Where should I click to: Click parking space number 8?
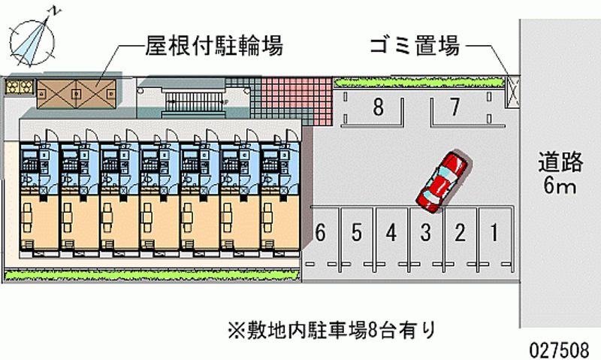[378, 107]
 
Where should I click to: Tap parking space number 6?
[321, 233]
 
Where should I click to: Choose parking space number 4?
[391, 233]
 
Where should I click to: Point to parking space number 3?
[425, 233]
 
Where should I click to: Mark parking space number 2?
[460, 233]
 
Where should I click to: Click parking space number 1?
[494, 233]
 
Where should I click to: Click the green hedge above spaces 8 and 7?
[417, 79]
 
